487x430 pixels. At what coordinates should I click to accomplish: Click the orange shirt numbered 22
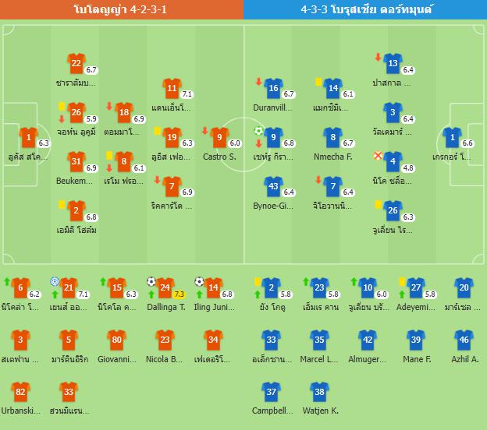(x=76, y=64)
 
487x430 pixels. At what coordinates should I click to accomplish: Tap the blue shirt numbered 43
(x=272, y=186)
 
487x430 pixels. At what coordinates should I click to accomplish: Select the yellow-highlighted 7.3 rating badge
(x=179, y=294)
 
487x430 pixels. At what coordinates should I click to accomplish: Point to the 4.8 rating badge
(x=407, y=167)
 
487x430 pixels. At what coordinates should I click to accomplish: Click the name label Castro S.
(x=219, y=157)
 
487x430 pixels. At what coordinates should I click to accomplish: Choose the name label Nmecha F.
(x=332, y=157)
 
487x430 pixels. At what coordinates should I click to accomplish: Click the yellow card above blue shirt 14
(x=318, y=81)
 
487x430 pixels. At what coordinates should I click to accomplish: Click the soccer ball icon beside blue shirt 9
(x=259, y=131)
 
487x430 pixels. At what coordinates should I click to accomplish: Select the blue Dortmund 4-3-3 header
(x=365, y=9)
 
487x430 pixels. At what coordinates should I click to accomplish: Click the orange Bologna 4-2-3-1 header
(x=122, y=9)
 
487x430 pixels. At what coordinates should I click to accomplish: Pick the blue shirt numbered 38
(x=318, y=393)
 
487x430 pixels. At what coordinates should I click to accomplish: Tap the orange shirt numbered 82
(x=21, y=393)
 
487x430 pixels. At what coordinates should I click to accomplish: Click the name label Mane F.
(x=416, y=359)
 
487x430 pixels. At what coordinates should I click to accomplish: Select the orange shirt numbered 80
(x=116, y=340)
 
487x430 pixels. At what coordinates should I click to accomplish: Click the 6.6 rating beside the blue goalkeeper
(x=467, y=143)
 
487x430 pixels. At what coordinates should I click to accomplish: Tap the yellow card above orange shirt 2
(x=61, y=204)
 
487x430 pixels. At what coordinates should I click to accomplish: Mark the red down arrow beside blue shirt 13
(x=379, y=57)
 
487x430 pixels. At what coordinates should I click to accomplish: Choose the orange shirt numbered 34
(x=212, y=340)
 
